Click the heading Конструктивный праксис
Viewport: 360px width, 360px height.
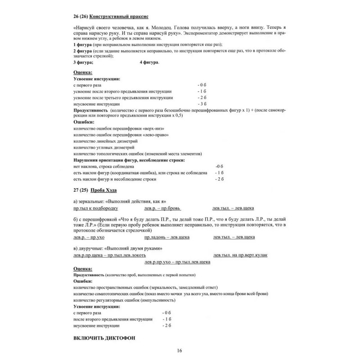[122, 17]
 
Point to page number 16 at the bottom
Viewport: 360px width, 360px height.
[180, 351]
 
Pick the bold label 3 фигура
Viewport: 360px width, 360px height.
[84, 62]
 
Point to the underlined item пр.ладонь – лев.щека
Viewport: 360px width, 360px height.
[167, 237]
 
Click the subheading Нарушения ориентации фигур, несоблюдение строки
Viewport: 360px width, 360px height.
[129, 160]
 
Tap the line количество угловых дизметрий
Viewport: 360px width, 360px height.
[102, 147]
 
